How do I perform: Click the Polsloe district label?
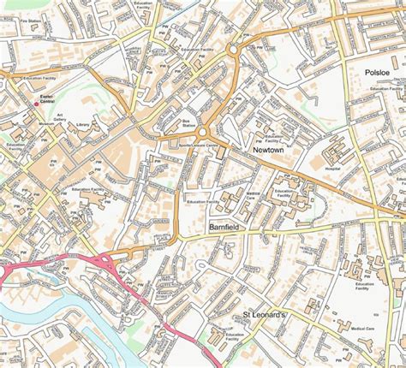coord(378,74)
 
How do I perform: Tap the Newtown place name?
coord(268,149)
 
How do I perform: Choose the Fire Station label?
coord(31,20)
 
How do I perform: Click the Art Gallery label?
coord(60,117)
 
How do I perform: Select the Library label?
coord(82,125)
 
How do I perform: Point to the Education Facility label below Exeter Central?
coord(15,148)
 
